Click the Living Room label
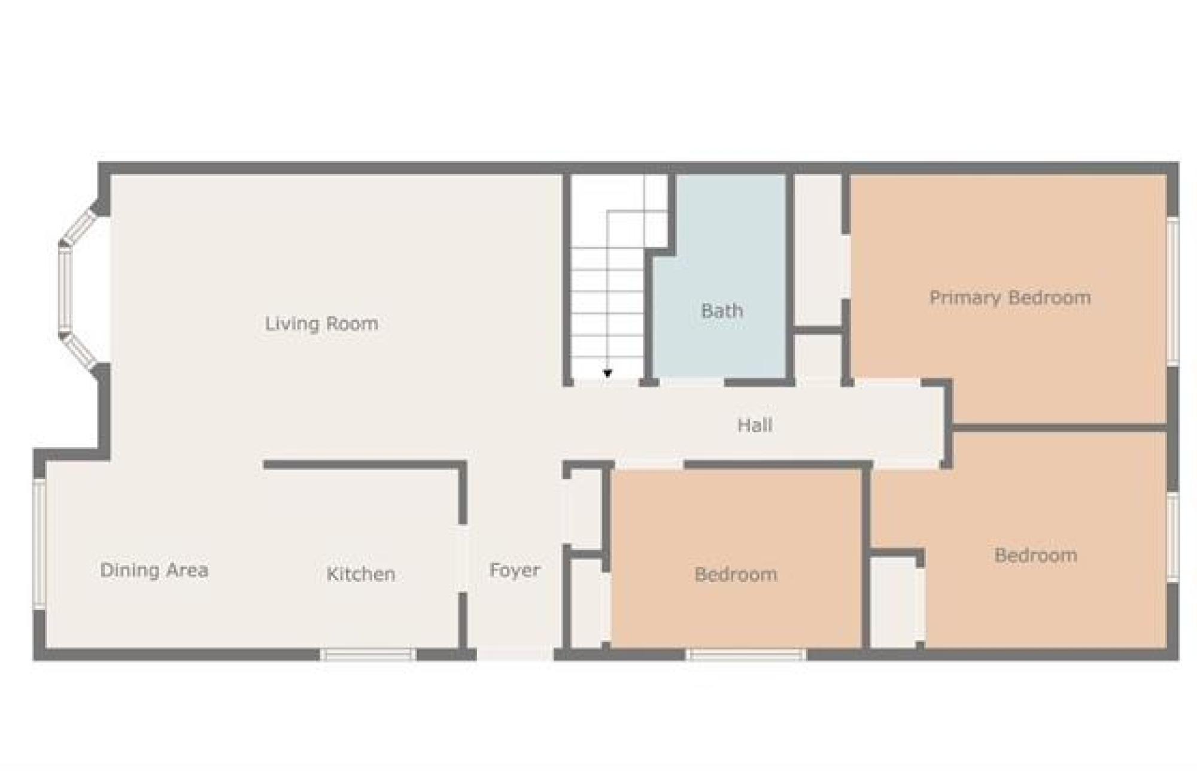[x=321, y=324]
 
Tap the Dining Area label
[x=154, y=570]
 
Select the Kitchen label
[x=361, y=574]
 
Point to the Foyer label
[x=515, y=570]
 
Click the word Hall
[x=755, y=426]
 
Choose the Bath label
[x=722, y=311]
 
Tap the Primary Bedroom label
[x=1010, y=298]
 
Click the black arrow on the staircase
[x=607, y=374]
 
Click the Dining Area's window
[x=39, y=544]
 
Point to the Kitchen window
[x=367, y=654]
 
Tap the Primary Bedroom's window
[x=1173, y=291]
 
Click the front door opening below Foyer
[x=515, y=654]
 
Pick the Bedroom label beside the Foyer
[x=736, y=575]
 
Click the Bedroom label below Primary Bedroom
[x=1036, y=556]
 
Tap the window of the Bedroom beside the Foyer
[x=746, y=654]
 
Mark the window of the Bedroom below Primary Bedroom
[x=1173, y=537]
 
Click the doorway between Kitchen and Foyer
[x=463, y=558]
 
